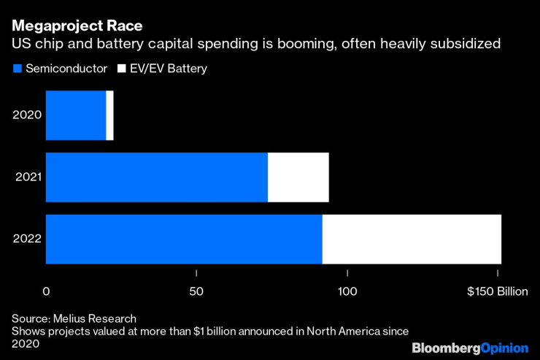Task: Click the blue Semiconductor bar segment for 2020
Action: tap(76, 115)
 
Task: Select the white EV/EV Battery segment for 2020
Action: tap(109, 115)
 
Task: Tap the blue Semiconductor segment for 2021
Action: tap(156, 177)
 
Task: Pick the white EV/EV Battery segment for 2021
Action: tap(298, 177)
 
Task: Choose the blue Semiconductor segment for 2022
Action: tap(184, 239)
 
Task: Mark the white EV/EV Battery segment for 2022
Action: tap(412, 239)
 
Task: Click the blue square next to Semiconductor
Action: tap(16, 69)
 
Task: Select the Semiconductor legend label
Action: tap(66, 69)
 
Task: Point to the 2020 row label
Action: tap(26, 115)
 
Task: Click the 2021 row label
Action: tap(26, 177)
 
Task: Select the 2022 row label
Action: tap(26, 239)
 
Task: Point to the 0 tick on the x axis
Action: tap(46, 291)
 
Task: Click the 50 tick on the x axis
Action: tap(196, 291)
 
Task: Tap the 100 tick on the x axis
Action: tap(347, 291)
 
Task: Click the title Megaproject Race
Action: tap(77, 26)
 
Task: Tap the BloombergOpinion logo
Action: tap(470, 347)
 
